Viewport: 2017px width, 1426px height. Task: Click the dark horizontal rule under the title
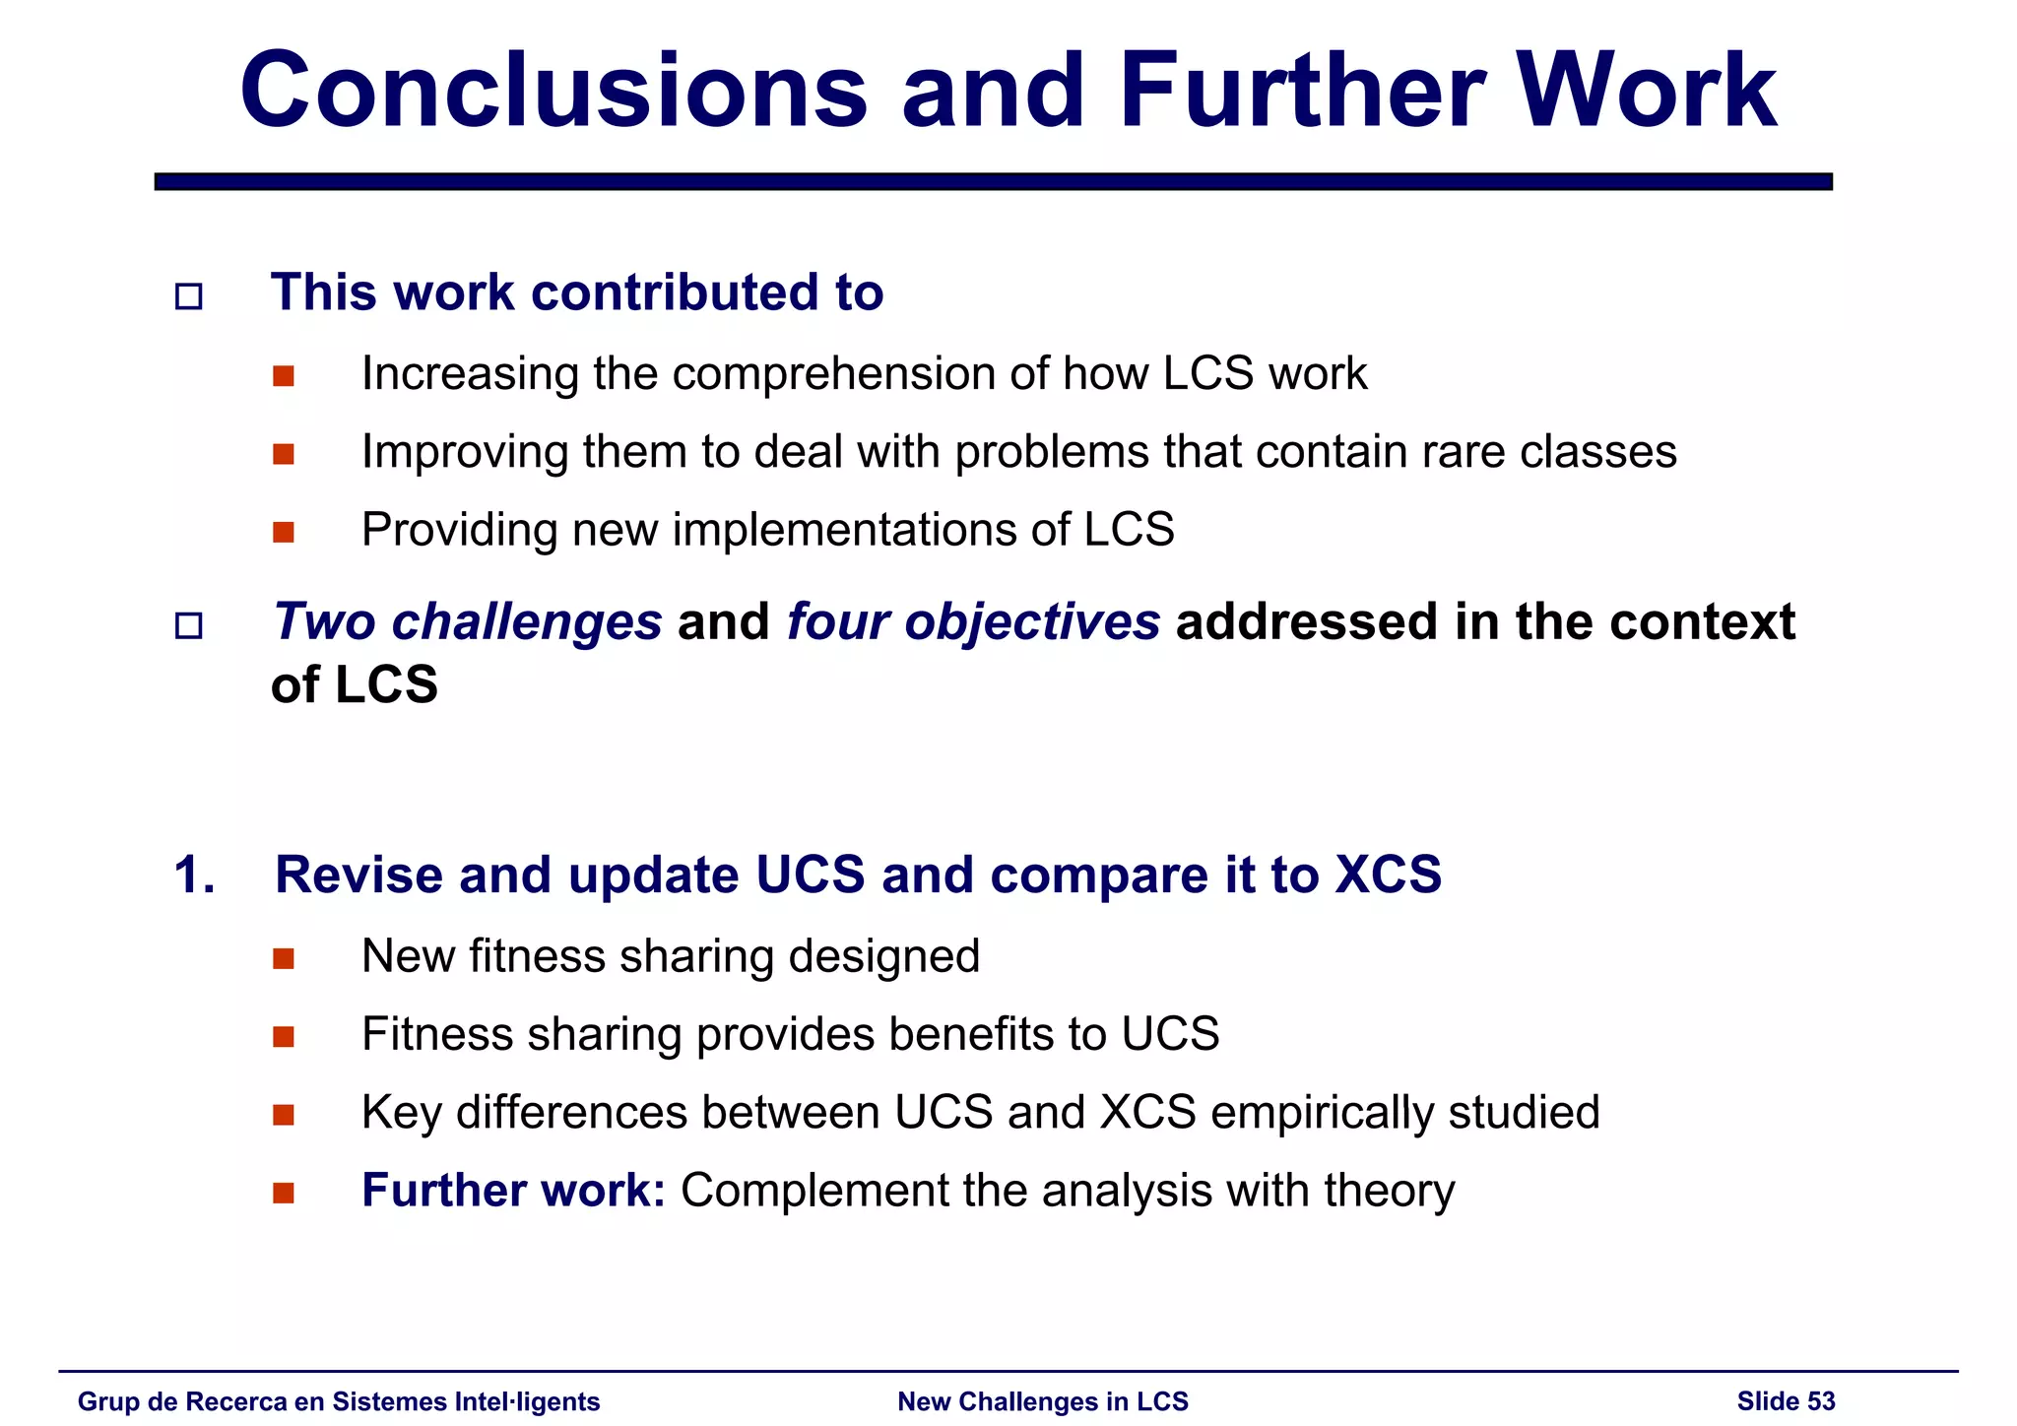click(993, 181)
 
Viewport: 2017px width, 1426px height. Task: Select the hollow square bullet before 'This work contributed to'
click(188, 296)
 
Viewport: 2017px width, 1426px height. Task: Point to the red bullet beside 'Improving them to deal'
click(284, 454)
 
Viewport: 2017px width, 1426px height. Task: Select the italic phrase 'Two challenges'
click(467, 622)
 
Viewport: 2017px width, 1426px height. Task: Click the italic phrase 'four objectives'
click(973, 622)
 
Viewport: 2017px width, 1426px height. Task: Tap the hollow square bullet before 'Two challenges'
click(188, 625)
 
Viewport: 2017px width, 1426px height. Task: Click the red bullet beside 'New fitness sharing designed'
click(284, 959)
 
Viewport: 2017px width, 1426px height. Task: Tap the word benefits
click(969, 1035)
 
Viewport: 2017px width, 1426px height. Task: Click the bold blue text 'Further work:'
click(513, 1191)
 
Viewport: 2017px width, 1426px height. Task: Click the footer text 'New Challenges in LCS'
click(1043, 1401)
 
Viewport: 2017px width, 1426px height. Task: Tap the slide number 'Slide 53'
click(1786, 1401)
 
